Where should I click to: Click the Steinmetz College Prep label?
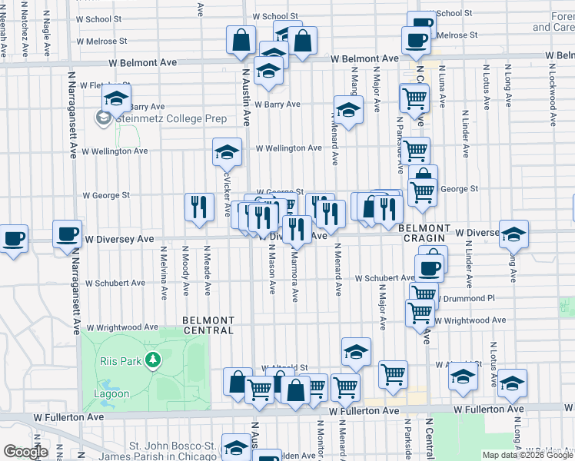[171, 118]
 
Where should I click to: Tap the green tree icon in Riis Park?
[153, 360]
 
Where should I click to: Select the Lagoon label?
[114, 394]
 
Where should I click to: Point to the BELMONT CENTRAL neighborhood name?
[208, 325]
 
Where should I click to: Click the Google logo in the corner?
[25, 451]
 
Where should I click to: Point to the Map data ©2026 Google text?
[528, 456]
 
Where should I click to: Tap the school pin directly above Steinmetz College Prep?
[116, 99]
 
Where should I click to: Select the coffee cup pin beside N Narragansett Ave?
[67, 234]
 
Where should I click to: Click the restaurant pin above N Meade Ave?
[198, 207]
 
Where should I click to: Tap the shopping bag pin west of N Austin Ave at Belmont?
[241, 40]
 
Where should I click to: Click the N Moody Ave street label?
[186, 269]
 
